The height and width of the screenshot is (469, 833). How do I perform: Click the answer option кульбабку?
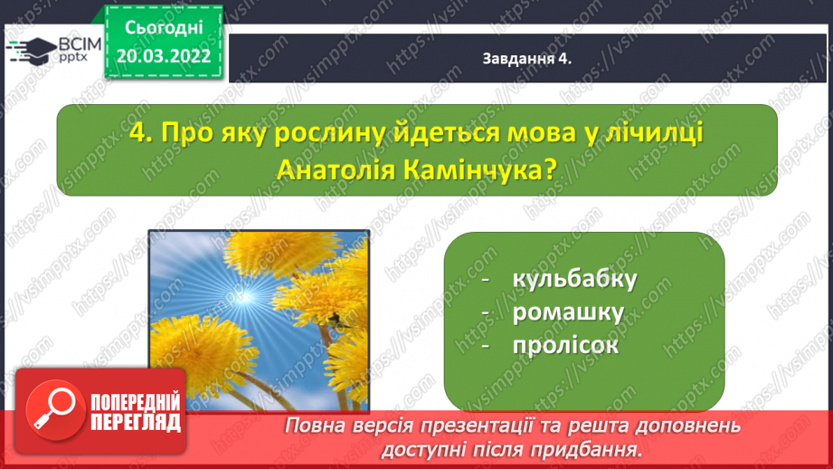tap(574, 279)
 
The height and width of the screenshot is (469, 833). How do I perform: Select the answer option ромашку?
tap(568, 313)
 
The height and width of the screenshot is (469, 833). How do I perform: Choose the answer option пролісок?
tap(566, 345)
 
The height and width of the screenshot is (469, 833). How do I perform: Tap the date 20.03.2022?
tap(164, 56)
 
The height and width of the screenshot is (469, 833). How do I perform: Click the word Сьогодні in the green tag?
tap(164, 28)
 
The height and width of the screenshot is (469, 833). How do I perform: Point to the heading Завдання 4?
tap(526, 59)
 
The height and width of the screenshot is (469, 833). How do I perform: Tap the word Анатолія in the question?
tap(336, 170)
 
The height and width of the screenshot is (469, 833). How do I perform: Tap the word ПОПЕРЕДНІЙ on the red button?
tap(136, 401)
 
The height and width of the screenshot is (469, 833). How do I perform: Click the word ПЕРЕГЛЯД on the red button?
tap(136, 423)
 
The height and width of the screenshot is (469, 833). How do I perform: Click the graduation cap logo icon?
tap(32, 50)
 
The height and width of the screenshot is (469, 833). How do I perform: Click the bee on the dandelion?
tap(335, 321)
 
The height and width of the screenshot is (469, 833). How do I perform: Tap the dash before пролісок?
tap(485, 346)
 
